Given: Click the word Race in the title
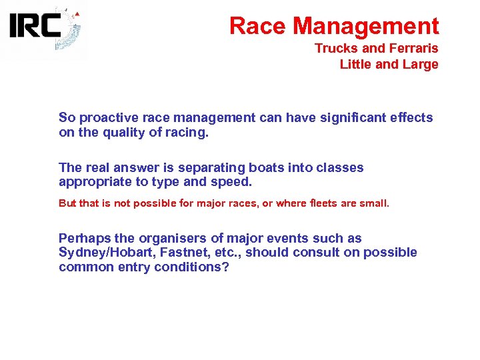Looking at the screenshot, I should pos(258,26).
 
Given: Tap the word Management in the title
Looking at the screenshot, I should pos(366,26).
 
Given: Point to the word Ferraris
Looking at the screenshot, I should pos(413,49).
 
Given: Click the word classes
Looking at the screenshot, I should pos(340,167).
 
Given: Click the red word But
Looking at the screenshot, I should pos(67,203).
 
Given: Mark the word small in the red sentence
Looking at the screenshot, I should pos(374,203).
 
